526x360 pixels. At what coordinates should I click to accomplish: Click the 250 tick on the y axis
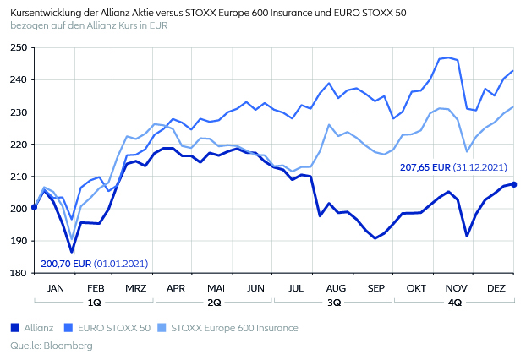click(18, 47)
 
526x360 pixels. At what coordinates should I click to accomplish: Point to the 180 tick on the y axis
click(18, 273)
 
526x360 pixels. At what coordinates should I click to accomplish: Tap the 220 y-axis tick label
click(18, 145)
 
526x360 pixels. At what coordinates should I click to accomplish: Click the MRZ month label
click(134, 288)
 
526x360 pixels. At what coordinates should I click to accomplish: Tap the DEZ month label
click(495, 288)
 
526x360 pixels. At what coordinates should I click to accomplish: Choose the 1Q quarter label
click(94, 302)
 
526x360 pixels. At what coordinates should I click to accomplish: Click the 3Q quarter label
click(334, 302)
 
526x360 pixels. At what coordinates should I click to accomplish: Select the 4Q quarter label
click(454, 302)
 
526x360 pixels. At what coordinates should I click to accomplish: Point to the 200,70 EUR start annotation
click(94, 264)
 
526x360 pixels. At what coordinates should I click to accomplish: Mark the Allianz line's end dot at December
click(513, 184)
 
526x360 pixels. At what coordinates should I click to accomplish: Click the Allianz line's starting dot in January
click(34, 207)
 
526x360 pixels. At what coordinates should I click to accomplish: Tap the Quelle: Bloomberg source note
click(51, 346)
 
